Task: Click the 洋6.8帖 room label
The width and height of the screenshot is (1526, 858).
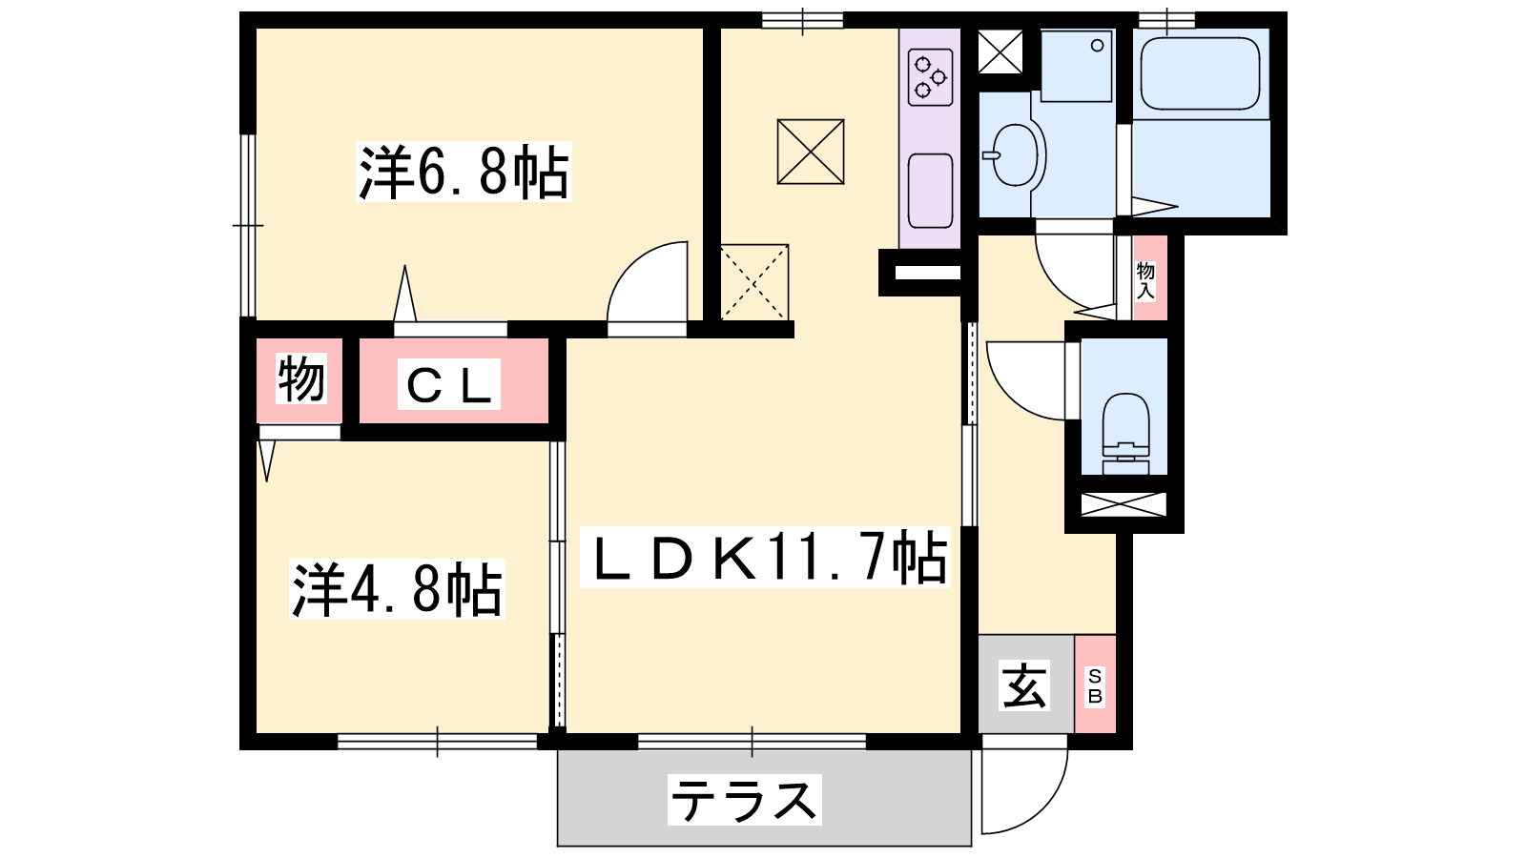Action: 464,172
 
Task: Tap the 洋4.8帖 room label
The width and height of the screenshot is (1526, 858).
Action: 397,589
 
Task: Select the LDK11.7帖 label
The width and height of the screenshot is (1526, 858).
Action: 765,558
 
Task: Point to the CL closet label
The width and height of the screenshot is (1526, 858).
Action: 449,385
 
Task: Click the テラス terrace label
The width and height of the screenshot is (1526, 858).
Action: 745,800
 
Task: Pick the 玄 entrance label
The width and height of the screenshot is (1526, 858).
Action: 1024,685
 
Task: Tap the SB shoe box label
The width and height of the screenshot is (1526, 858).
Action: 1095,685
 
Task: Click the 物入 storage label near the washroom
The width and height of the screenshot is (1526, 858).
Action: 1145,280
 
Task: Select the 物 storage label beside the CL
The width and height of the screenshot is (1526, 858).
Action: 300,378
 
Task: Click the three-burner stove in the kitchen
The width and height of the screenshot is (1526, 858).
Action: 930,77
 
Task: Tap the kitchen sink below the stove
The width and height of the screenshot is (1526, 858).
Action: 930,191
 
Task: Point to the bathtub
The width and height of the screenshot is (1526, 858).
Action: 1201,73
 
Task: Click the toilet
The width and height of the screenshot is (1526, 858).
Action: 1124,433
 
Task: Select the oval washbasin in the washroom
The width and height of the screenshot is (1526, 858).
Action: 1015,155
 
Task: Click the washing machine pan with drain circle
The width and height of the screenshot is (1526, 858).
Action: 1077,66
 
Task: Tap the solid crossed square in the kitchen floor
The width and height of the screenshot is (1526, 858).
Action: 811,152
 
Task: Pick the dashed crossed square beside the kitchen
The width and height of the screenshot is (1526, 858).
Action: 754,282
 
